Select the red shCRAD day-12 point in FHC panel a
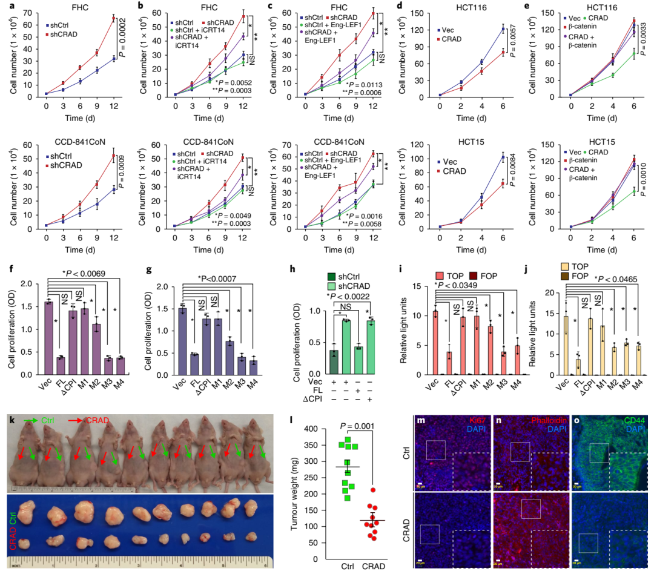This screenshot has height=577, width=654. click(113, 19)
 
